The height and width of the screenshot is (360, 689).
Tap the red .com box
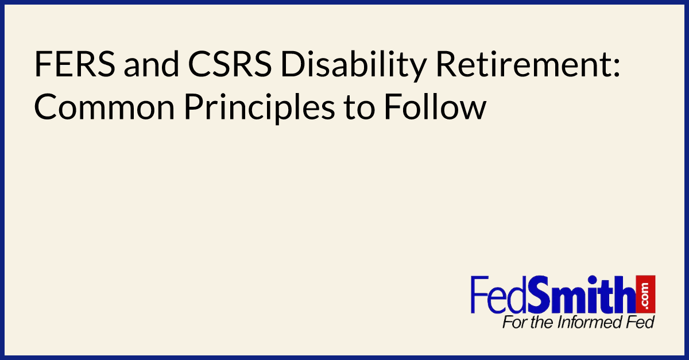(646, 294)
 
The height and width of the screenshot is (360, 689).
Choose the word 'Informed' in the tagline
(592, 323)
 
